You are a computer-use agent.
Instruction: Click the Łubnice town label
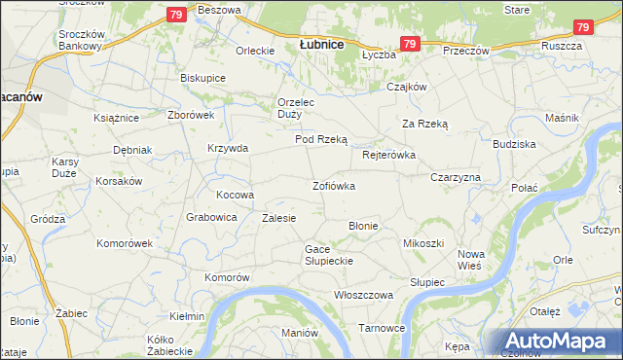coord(320,44)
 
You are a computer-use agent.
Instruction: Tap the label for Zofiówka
coord(333,185)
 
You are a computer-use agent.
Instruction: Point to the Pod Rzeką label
coord(321,139)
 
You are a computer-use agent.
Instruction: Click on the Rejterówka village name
coord(388,155)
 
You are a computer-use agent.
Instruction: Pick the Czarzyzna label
coord(456,178)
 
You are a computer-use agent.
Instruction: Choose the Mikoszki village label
coord(423,242)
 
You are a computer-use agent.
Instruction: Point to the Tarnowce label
coord(382,328)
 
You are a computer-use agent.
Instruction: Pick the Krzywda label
coord(228,148)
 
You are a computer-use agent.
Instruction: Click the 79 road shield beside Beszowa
coord(175,15)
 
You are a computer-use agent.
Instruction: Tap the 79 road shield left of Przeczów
coord(409,44)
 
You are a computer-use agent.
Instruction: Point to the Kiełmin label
coord(187,316)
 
